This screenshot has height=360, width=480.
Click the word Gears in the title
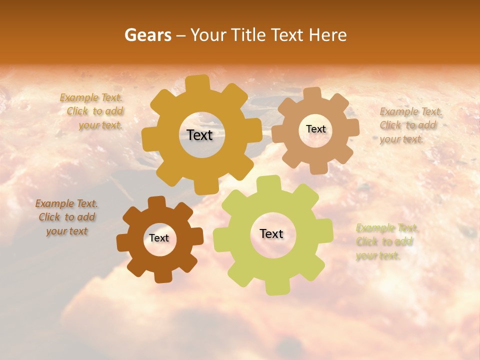click(x=147, y=35)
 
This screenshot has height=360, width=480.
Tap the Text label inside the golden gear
click(x=199, y=135)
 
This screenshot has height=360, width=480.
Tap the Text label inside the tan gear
click(x=315, y=129)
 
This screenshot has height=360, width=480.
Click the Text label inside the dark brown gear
click(x=159, y=238)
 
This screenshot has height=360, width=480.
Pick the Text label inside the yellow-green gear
click(x=271, y=233)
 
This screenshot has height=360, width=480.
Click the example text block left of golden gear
click(x=93, y=111)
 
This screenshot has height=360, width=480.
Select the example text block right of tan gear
click(x=409, y=125)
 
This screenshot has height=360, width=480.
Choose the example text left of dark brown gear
click(x=66, y=217)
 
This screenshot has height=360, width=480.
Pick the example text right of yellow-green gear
click(x=386, y=242)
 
